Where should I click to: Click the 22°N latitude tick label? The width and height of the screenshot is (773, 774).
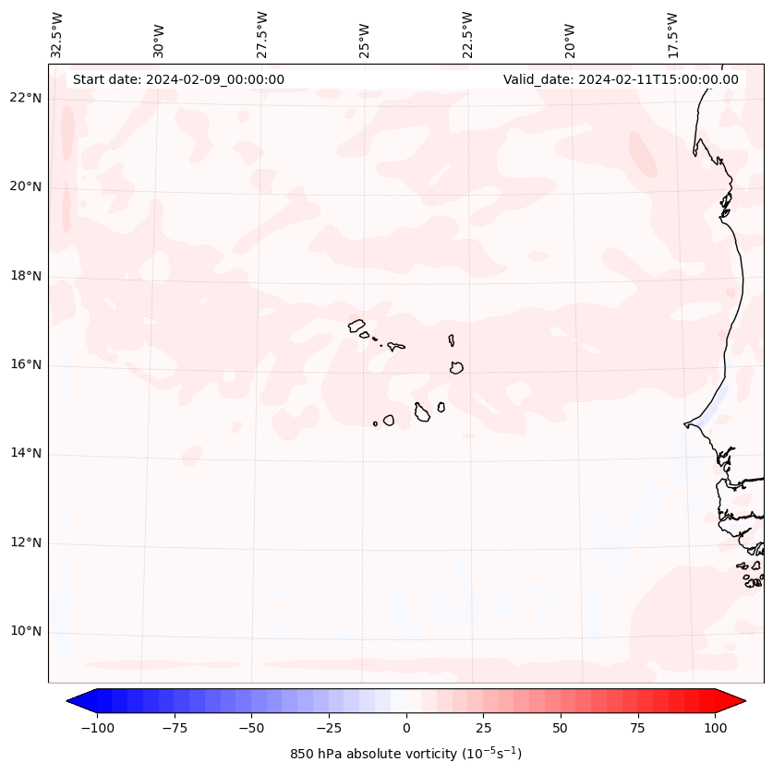(27, 99)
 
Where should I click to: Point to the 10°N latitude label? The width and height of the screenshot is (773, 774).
(27, 632)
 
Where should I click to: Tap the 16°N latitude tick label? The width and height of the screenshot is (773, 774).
(27, 365)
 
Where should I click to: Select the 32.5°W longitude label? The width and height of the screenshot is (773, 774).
(57, 34)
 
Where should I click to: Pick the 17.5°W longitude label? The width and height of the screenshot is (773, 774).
(672, 34)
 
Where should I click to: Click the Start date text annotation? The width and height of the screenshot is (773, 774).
(178, 79)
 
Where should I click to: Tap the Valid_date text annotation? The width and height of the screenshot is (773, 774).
(621, 79)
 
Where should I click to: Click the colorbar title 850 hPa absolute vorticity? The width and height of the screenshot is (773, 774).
(405, 754)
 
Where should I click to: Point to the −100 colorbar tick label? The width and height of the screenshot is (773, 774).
(97, 728)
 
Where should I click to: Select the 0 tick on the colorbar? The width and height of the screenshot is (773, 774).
(406, 728)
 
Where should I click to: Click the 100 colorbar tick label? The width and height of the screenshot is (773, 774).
(715, 728)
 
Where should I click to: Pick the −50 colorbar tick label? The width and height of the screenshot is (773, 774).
(251, 728)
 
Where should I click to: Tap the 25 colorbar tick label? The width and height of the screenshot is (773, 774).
(483, 728)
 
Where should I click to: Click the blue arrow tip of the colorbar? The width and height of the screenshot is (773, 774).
(70, 701)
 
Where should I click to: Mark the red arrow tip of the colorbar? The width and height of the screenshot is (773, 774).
(743, 701)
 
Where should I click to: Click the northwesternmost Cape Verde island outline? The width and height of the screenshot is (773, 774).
(356, 325)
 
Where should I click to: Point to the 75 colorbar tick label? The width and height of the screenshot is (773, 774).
(637, 728)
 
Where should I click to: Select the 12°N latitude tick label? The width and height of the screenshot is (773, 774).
(27, 543)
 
